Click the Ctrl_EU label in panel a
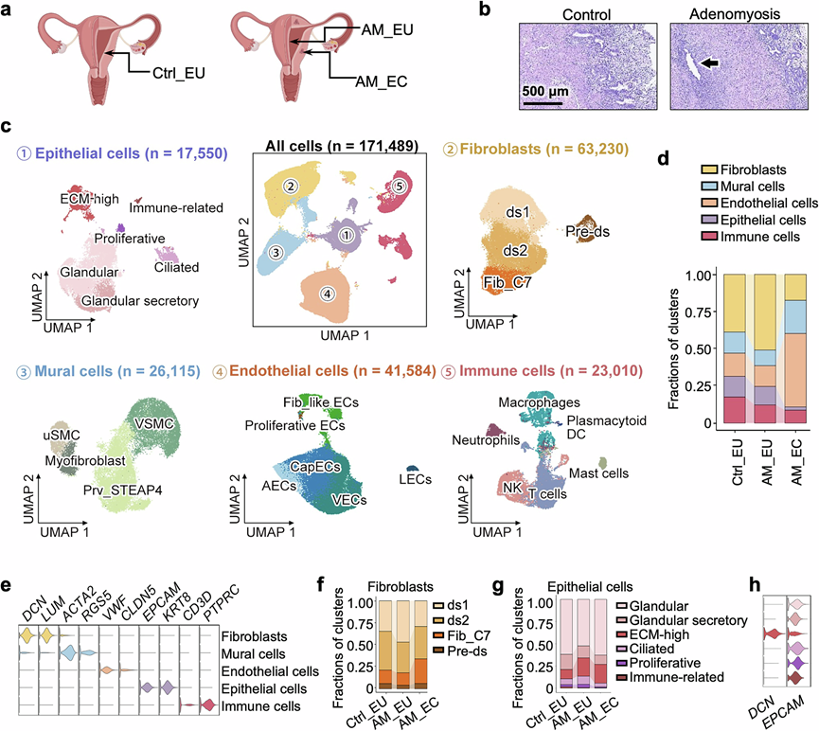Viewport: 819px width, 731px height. tap(179, 72)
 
